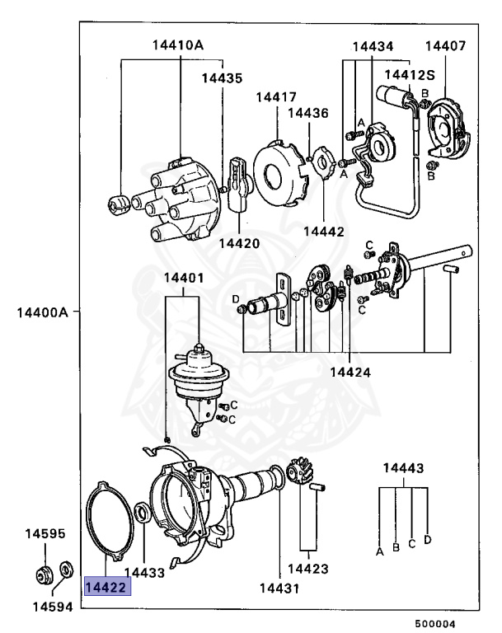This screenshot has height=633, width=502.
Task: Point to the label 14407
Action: coord(445,46)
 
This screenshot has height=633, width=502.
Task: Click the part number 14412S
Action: coord(408,75)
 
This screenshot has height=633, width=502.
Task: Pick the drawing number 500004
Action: coord(434,624)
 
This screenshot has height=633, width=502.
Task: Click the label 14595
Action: coord(44,534)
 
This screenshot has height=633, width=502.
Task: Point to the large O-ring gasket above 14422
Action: coord(110,522)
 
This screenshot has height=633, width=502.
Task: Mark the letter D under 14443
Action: coord(427,540)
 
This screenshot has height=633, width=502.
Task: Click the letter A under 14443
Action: coord(380,550)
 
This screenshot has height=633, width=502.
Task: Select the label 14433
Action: coord(144,570)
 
